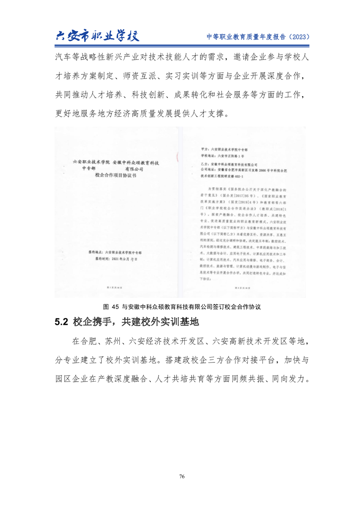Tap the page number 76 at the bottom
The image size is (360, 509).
coord(182,476)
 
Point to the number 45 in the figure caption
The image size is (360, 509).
coord(114,307)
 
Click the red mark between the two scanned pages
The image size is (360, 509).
coord(178,157)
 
